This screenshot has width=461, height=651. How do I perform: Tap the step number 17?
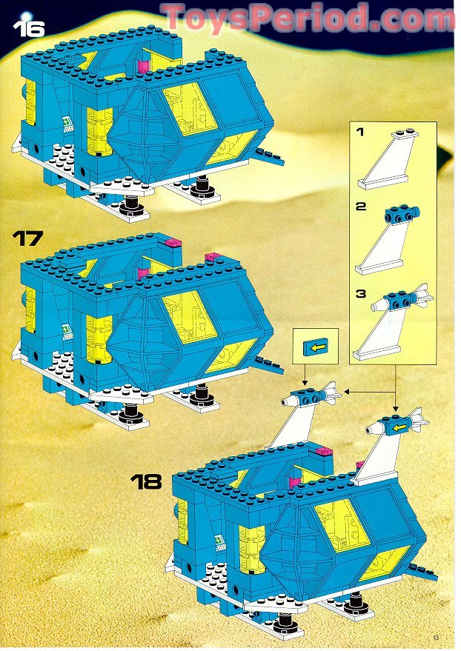coord(28,238)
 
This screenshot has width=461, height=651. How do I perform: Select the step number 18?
coord(146,481)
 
